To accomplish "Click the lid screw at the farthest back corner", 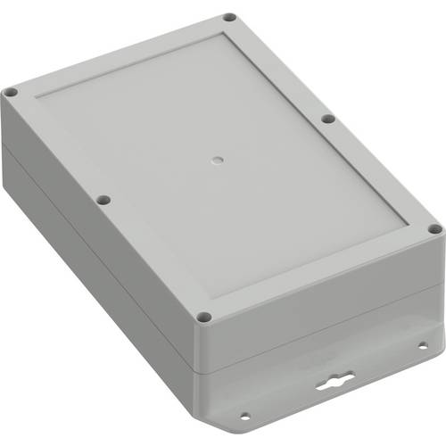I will click(x=229, y=17).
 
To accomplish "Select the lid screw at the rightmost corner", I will click(x=435, y=229).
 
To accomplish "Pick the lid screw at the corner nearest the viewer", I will click(x=204, y=316).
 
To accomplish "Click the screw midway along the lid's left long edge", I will click(x=103, y=200).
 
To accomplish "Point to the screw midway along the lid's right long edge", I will click(x=327, y=118).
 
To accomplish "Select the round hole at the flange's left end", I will click(x=243, y=414).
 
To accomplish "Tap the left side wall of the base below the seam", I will click(x=89, y=294).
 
